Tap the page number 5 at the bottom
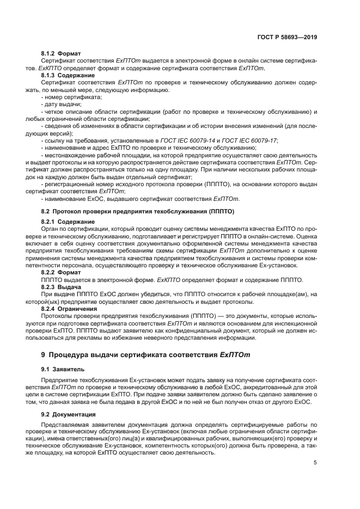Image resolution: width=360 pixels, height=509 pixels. point(315,463)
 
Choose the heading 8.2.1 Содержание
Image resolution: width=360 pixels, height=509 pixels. point(68,222)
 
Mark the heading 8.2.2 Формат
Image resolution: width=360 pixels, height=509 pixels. point(61,272)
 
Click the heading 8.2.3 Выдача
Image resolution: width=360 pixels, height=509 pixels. point(61,287)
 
